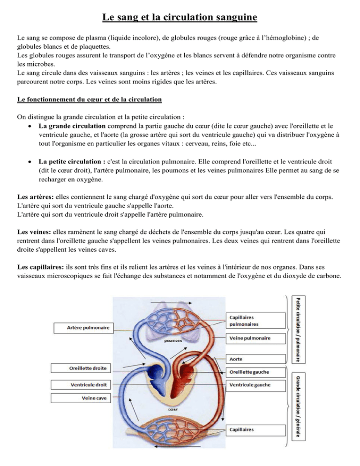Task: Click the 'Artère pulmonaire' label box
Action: click(82, 328)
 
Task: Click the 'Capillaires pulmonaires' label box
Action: click(256, 320)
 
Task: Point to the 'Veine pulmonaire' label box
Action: click(256, 338)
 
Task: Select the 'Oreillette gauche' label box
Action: click(256, 373)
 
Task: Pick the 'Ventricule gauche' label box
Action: click(256, 385)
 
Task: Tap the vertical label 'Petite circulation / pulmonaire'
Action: click(297, 329)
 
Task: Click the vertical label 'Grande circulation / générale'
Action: click(297, 413)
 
